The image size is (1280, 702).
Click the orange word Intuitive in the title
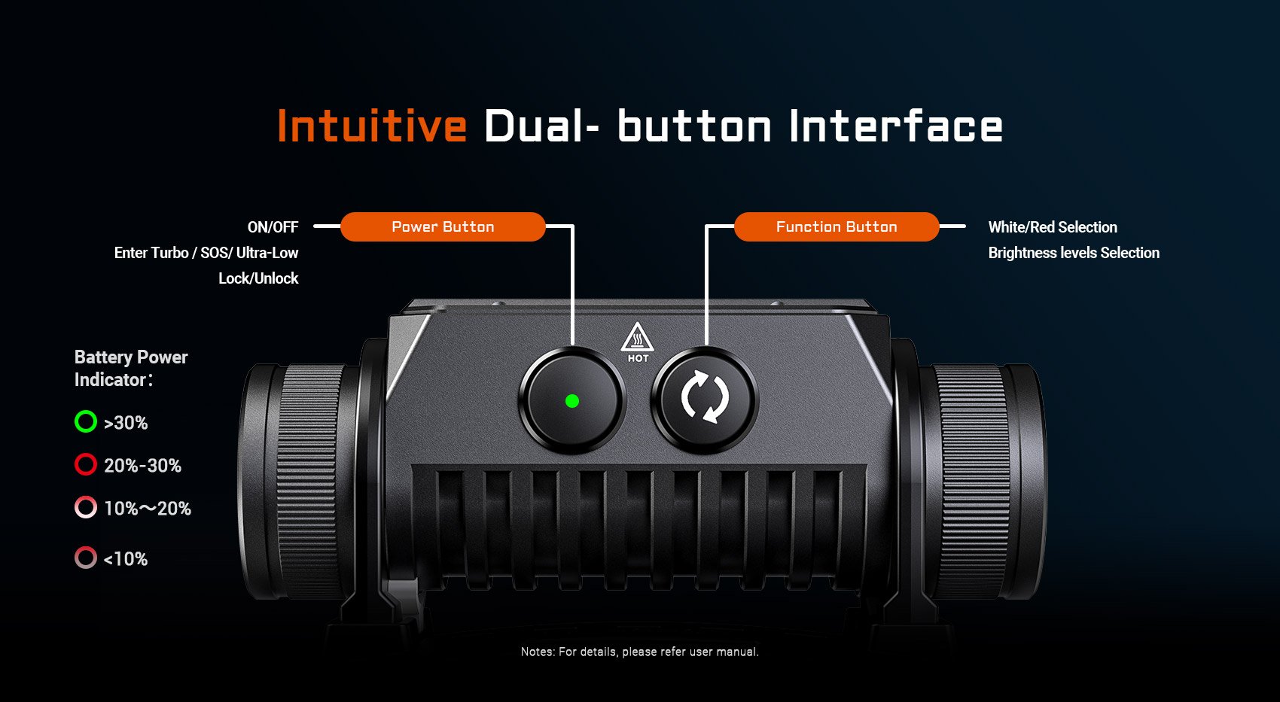372,125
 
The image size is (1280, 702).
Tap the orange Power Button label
443,226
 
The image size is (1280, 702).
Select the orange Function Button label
837,226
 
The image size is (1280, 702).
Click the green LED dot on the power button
572,401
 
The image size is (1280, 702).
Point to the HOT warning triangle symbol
638,337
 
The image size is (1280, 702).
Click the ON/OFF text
273,227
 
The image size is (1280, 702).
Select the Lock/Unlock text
258,278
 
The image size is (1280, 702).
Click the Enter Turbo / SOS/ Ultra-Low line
206,253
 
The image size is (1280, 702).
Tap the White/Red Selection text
1053,227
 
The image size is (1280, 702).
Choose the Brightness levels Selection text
1074,253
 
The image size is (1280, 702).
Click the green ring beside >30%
86,412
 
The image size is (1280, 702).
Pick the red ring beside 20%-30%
86,454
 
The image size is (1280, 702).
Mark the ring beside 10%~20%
86,497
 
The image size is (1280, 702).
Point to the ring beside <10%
86,547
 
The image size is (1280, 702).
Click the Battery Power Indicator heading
131,369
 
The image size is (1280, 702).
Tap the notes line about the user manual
639,652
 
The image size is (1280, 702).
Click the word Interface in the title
895,125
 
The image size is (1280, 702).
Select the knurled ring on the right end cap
971,482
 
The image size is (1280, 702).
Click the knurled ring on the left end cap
309,482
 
